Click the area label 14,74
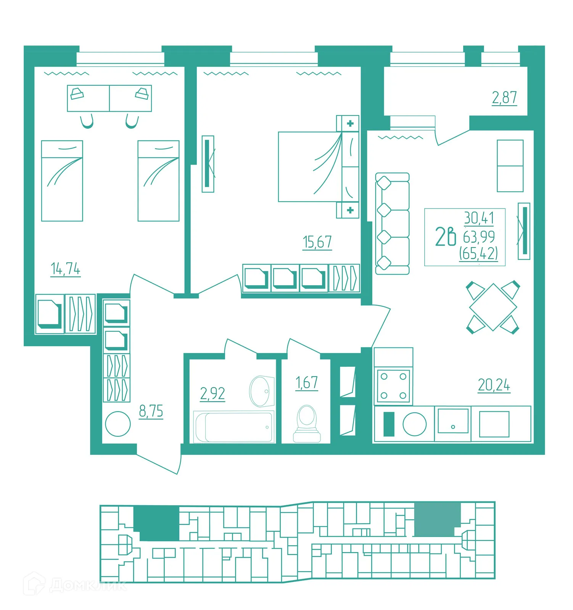tap(66, 269)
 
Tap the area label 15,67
tap(317, 242)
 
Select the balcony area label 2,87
tap(504, 98)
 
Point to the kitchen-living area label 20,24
tap(494, 385)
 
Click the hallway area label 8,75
tap(151, 411)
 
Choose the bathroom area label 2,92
tap(212, 393)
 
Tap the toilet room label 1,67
tap(307, 383)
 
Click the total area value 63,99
tap(479, 237)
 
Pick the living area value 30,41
tap(479, 218)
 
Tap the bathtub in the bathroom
tap(234, 427)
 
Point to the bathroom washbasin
tap(262, 391)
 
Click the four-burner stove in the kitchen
tap(393, 386)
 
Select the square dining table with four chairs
tap(493, 307)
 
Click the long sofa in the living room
tap(392, 224)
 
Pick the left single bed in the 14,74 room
tap(62, 181)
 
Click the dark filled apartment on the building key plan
tap(156, 523)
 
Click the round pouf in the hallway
tap(118, 424)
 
